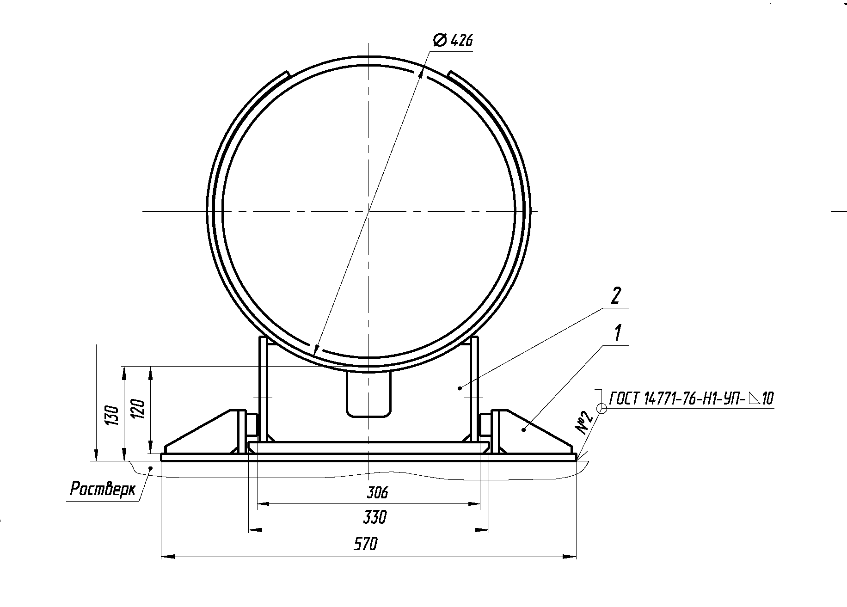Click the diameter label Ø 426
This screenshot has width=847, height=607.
[x=453, y=41]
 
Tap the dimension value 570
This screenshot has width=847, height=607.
[x=365, y=544]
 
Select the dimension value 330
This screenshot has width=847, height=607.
[x=374, y=517]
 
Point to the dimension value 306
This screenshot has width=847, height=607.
[x=377, y=493]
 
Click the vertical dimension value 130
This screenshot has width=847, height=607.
[x=113, y=415]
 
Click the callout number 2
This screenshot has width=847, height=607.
[x=615, y=296]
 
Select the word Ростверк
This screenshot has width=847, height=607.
[x=103, y=489]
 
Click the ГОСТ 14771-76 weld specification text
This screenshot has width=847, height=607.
[x=692, y=399]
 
